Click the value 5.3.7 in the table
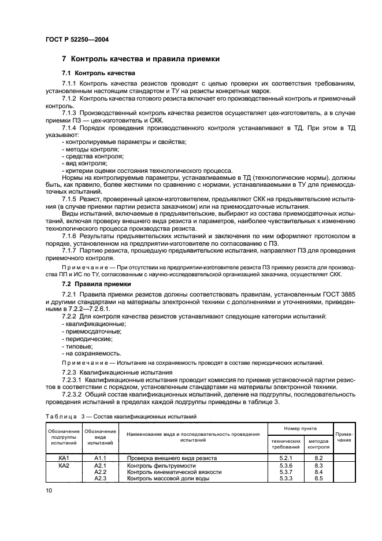[x=285, y=472]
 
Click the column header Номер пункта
[x=301, y=429]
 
